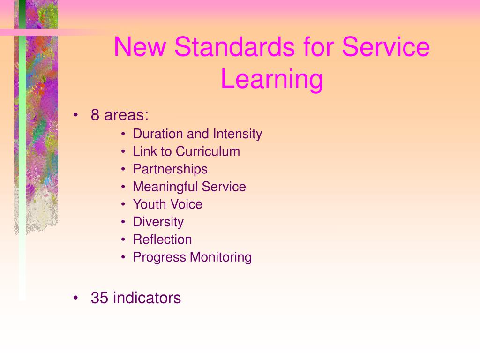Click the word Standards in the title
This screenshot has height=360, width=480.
[x=234, y=47]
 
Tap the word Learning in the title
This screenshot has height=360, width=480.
[x=272, y=79]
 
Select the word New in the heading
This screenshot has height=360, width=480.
[x=140, y=47]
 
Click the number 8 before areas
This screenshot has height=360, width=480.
[x=95, y=115]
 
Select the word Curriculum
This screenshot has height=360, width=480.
[x=208, y=151]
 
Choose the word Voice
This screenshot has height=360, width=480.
[x=186, y=204]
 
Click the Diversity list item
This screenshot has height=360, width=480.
[x=158, y=222]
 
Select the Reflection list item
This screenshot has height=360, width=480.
[x=163, y=240]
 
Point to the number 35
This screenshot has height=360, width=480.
[x=99, y=298]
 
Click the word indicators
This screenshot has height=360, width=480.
[x=147, y=298]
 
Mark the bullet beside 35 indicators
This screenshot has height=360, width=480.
[x=75, y=298]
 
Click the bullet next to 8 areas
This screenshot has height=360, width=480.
[x=75, y=115]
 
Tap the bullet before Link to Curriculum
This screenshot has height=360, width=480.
[x=123, y=151]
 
